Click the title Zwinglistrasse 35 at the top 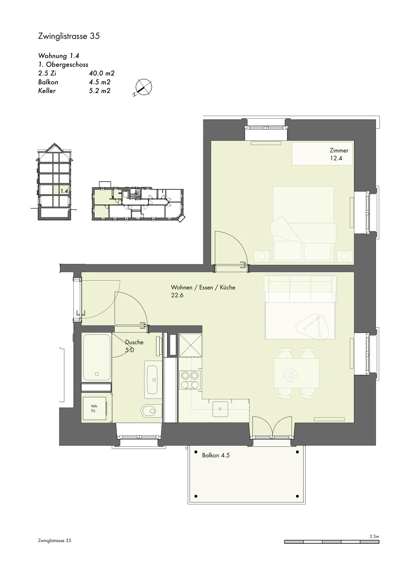(69, 36)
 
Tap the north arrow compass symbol (143, 87)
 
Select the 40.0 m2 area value (102, 73)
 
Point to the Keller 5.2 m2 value (100, 91)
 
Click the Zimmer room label (339, 151)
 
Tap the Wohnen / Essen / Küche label (203, 288)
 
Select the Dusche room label (134, 342)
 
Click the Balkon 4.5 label (216, 455)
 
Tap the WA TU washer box (94, 408)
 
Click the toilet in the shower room (151, 411)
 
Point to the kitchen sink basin (220, 409)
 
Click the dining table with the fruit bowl (296, 373)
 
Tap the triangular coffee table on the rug (312, 327)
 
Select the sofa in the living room (300, 289)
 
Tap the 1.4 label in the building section (64, 191)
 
